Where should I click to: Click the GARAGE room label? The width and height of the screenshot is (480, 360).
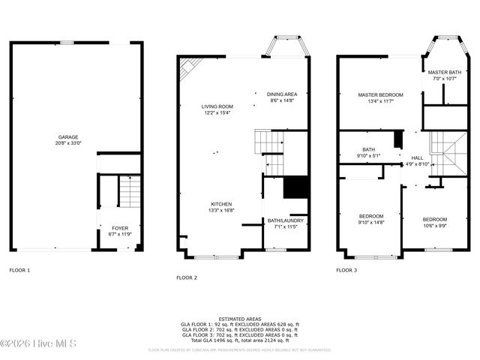click(x=69, y=137)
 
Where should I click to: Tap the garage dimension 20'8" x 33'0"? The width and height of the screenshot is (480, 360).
click(x=69, y=142)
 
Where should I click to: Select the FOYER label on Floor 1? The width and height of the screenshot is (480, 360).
click(x=120, y=228)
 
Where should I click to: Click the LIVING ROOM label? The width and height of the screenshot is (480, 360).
click(x=217, y=106)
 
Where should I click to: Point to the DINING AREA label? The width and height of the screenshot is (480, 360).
click(x=282, y=94)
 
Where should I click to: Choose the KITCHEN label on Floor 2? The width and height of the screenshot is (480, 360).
click(x=220, y=205)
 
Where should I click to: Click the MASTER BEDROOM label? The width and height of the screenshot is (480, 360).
click(x=380, y=94)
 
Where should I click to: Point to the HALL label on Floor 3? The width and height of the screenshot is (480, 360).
click(x=417, y=157)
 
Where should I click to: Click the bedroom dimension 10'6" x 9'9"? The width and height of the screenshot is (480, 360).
click(x=434, y=225)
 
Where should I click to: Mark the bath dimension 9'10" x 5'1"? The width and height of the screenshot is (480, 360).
click(x=368, y=155)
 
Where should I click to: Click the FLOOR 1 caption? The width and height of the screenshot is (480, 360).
click(x=19, y=269)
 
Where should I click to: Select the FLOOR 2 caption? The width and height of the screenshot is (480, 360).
click(x=187, y=277)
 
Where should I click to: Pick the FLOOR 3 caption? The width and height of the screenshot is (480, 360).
click(x=346, y=269)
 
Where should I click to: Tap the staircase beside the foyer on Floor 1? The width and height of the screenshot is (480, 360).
click(x=130, y=192)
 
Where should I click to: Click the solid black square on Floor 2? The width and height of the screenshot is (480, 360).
click(x=296, y=187)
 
